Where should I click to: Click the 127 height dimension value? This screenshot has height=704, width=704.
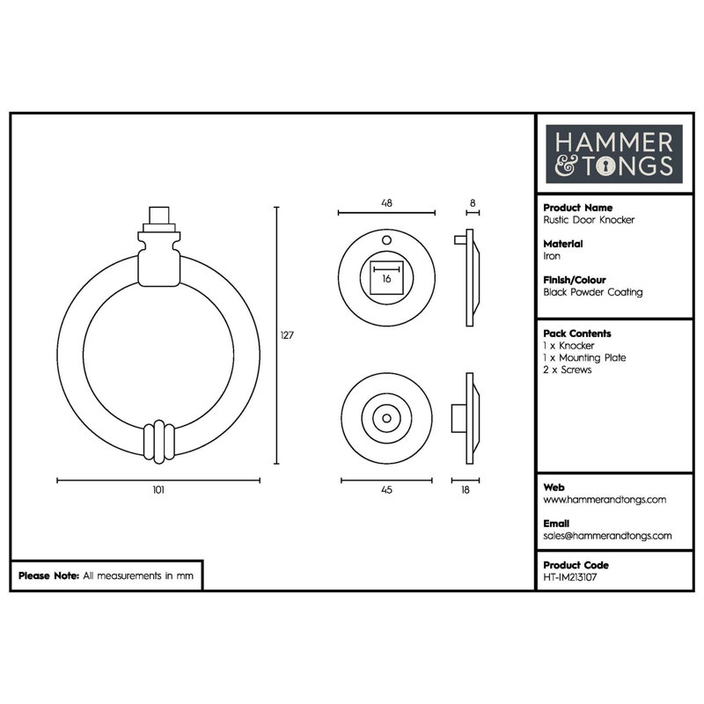tap(287, 335)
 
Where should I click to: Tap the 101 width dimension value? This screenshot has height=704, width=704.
tap(158, 490)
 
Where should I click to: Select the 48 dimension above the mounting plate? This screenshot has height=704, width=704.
tap(386, 203)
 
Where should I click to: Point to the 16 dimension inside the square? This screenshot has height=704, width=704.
tap(386, 279)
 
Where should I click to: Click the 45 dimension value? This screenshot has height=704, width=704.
tap(386, 490)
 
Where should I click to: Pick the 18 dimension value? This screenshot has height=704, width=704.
tap(466, 490)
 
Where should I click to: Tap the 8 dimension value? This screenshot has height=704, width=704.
tap(473, 203)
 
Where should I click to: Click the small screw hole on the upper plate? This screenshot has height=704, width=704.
tap(386, 240)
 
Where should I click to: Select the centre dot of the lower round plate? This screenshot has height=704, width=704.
tap(386, 419)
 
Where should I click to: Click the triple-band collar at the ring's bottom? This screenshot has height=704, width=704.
tap(158, 442)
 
